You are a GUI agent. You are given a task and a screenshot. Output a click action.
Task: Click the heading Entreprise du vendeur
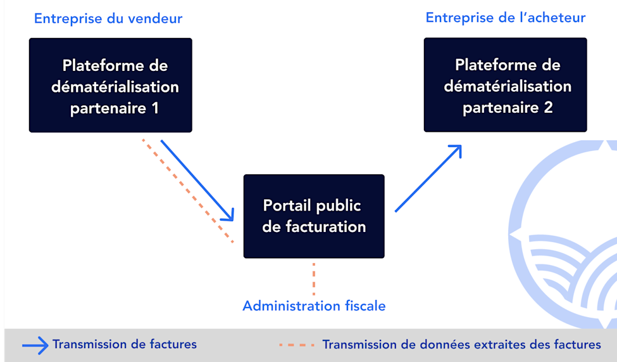point(108,18)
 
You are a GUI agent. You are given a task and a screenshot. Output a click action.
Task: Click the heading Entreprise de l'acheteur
point(505,17)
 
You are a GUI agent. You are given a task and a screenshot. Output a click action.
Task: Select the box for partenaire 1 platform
point(110,85)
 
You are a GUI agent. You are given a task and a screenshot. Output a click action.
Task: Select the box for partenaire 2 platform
point(505,85)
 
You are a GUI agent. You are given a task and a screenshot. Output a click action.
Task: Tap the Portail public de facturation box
point(314,216)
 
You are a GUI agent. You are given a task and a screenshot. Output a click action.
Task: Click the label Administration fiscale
point(314,306)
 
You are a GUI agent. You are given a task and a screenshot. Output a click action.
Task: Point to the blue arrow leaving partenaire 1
point(197,180)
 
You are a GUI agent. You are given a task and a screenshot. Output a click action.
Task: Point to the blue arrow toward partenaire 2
point(428,179)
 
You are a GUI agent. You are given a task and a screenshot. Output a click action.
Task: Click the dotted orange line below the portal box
point(313,279)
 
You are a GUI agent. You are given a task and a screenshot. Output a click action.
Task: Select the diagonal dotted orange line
point(187,190)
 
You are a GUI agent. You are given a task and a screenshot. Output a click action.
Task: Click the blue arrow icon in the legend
point(35,345)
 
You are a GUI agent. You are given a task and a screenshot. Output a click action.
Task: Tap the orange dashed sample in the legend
point(296,345)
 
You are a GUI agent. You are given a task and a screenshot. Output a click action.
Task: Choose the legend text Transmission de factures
point(125,344)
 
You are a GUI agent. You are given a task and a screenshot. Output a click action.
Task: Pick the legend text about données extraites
point(461,344)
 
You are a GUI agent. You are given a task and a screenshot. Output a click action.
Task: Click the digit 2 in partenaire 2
point(547,108)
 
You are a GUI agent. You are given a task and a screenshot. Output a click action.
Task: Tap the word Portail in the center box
point(287,205)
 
